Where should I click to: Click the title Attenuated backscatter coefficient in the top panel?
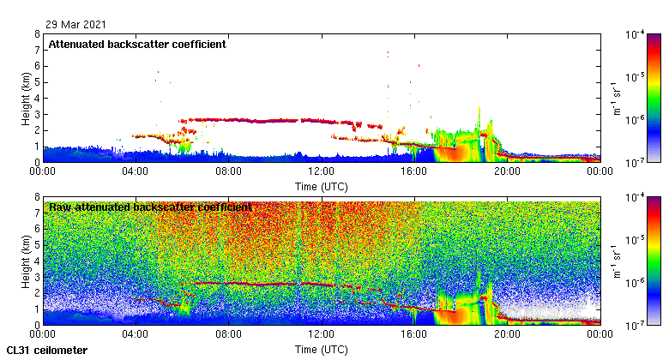(x=137, y=44)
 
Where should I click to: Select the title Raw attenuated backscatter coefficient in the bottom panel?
(x=150, y=207)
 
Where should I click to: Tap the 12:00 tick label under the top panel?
(x=321, y=171)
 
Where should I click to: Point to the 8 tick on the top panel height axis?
(x=37, y=35)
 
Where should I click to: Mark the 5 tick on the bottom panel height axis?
(x=37, y=245)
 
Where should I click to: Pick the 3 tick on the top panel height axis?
(x=37, y=114)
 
